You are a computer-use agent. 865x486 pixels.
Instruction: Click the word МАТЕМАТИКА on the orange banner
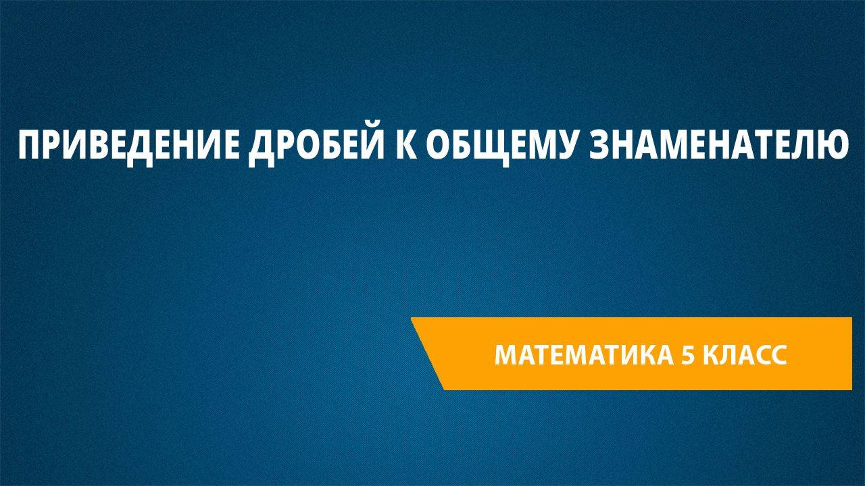coord(583,354)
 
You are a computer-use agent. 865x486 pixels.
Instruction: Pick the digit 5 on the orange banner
coord(687,354)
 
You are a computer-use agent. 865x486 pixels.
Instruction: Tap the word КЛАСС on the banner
coord(745,354)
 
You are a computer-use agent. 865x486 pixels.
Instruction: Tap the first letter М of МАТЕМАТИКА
coord(507,354)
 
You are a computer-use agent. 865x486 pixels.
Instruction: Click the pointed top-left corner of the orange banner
coord(411,318)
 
